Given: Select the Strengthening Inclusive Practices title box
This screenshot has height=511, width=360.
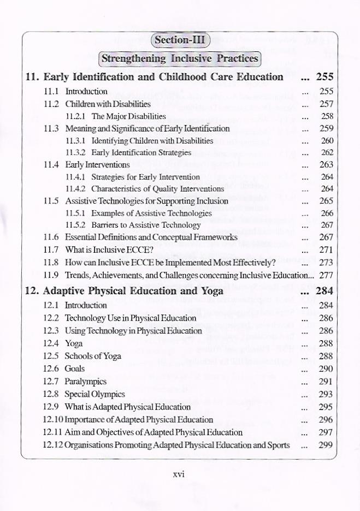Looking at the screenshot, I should [x=180, y=58].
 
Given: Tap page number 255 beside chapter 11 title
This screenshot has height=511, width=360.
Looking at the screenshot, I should [x=324, y=77].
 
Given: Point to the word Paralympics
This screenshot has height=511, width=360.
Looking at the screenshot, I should [x=86, y=382].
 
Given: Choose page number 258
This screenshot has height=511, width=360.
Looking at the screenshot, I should [x=327, y=116].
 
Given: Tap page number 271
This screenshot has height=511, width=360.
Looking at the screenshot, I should [x=326, y=249].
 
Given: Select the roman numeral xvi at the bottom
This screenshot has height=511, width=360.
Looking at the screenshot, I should [x=179, y=474].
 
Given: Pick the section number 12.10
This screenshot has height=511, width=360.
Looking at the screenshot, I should [x=52, y=420].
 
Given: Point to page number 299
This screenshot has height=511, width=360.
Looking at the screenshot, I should [x=326, y=445].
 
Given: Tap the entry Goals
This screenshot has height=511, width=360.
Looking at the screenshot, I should [x=75, y=369].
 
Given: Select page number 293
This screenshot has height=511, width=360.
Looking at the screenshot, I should [x=326, y=394].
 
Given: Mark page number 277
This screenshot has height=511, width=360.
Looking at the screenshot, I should [x=326, y=275].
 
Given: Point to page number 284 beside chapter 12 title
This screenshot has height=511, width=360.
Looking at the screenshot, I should [x=324, y=290].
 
